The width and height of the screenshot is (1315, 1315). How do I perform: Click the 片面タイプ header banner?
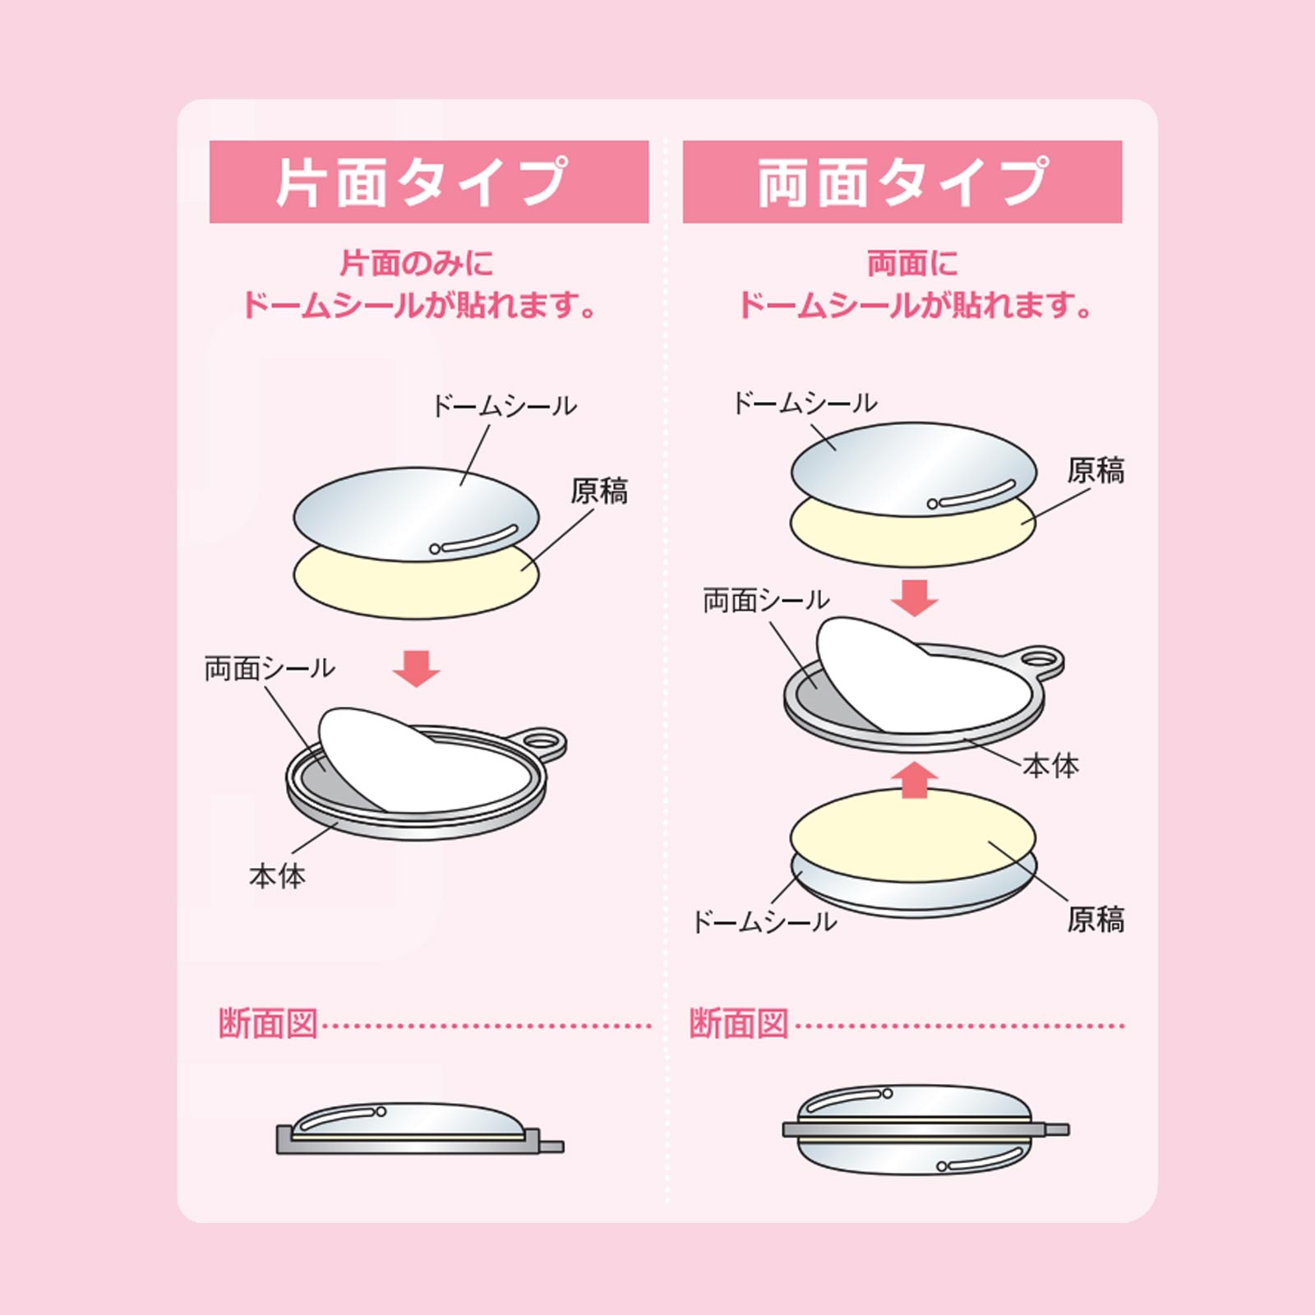click(428, 182)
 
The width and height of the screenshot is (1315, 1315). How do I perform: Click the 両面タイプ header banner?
click(902, 182)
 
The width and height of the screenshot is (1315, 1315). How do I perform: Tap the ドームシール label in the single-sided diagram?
click(504, 406)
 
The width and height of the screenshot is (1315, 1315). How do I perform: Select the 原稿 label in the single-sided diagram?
click(599, 491)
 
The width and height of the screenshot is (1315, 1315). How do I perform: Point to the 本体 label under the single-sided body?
click(277, 876)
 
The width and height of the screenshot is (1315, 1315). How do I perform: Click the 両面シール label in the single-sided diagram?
click(270, 668)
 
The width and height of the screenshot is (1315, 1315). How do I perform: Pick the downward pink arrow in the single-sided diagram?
click(416, 668)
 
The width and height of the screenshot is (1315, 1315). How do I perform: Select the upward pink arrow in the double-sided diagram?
click(914, 779)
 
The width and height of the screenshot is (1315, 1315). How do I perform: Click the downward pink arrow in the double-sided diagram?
click(914, 598)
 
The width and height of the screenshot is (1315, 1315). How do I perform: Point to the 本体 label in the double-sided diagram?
click(1050, 766)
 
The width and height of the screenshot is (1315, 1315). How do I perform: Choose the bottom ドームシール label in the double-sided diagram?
click(764, 922)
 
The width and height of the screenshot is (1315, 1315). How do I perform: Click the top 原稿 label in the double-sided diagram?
click(1095, 471)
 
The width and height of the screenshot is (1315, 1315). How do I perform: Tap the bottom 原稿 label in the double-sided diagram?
click(1095, 920)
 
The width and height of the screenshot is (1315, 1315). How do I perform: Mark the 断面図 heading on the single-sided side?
click(268, 1024)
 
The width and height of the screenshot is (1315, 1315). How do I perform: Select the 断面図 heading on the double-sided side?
click(739, 1024)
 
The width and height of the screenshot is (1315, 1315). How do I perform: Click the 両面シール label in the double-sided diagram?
click(766, 601)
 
